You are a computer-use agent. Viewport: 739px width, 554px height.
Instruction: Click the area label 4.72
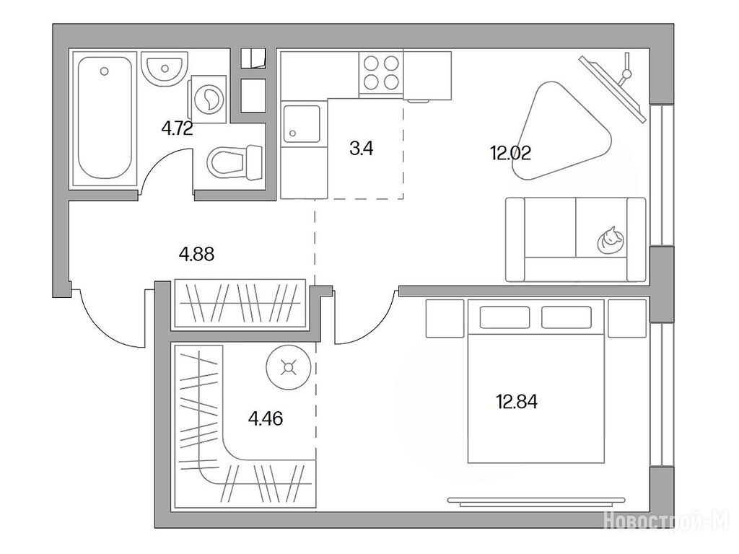click(178, 128)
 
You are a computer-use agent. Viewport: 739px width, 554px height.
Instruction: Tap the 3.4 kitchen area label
click(362, 149)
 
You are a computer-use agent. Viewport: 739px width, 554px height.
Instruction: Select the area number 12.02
click(511, 153)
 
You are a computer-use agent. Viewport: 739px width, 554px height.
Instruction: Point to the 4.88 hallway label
click(196, 255)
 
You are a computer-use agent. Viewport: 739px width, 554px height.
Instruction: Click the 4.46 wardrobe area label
click(266, 418)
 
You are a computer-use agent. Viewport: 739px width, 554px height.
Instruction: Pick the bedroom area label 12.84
click(517, 402)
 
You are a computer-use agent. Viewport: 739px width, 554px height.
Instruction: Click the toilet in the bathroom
click(235, 162)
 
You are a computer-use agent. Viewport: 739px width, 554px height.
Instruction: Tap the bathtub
click(104, 118)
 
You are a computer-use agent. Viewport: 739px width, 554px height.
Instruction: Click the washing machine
click(209, 100)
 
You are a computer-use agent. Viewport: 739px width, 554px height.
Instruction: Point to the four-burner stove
click(381, 74)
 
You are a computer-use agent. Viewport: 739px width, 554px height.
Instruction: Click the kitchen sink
click(302, 123)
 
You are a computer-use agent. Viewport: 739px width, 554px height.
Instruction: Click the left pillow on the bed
click(504, 317)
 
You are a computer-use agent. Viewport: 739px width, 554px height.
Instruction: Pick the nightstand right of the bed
click(627, 318)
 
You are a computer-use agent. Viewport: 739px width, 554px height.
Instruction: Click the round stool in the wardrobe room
click(288, 366)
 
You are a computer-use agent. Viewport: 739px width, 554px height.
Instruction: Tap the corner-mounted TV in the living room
click(613, 87)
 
